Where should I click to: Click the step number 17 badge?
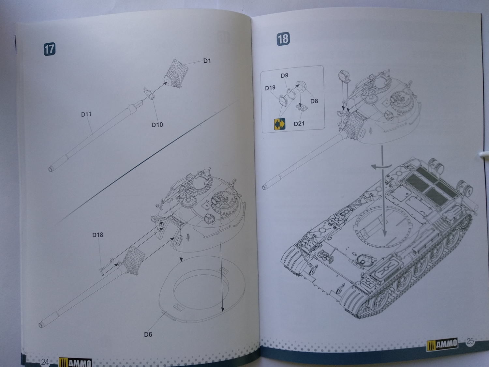click(49, 49)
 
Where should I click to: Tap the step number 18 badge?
click(283, 39)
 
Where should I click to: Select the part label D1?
click(207, 61)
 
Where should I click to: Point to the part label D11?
click(86, 114)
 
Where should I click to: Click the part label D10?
click(157, 125)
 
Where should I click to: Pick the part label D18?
click(97, 235)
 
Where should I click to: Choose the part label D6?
click(148, 334)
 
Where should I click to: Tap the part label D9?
click(285, 75)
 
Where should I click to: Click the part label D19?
click(270, 88)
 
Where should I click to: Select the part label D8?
click(314, 101)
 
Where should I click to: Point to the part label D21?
click(299, 124)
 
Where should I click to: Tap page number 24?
click(45, 361)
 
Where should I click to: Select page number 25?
click(470, 342)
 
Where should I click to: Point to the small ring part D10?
click(149, 93)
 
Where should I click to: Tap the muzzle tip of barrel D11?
click(51, 169)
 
